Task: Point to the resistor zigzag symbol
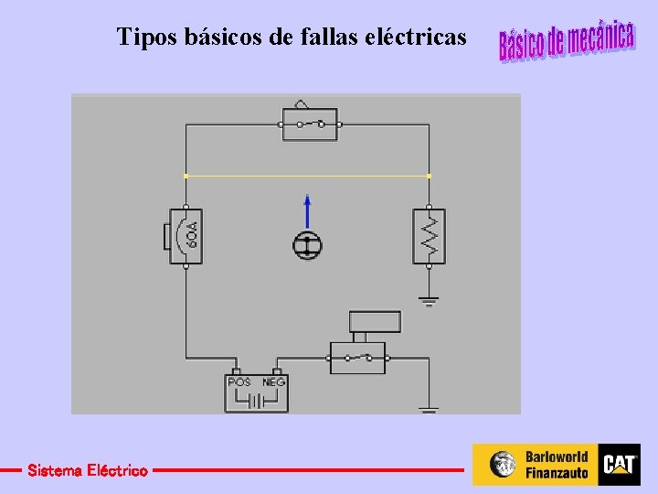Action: pos(429,236)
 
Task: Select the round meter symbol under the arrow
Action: pos(307,244)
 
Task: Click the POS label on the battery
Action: pos(239,381)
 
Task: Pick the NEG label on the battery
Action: pos(274,381)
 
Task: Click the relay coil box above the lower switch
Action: pos(376,321)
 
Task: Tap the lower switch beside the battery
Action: pos(357,357)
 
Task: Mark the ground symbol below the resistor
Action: pos(429,298)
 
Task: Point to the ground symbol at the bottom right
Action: pos(429,409)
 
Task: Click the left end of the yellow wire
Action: pos(186,175)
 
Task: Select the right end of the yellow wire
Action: pos(429,175)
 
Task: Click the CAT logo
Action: pos(619,465)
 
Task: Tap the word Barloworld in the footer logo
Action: pos(557,456)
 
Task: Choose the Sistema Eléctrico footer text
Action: pos(87,470)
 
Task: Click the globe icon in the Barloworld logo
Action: pos(503,465)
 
